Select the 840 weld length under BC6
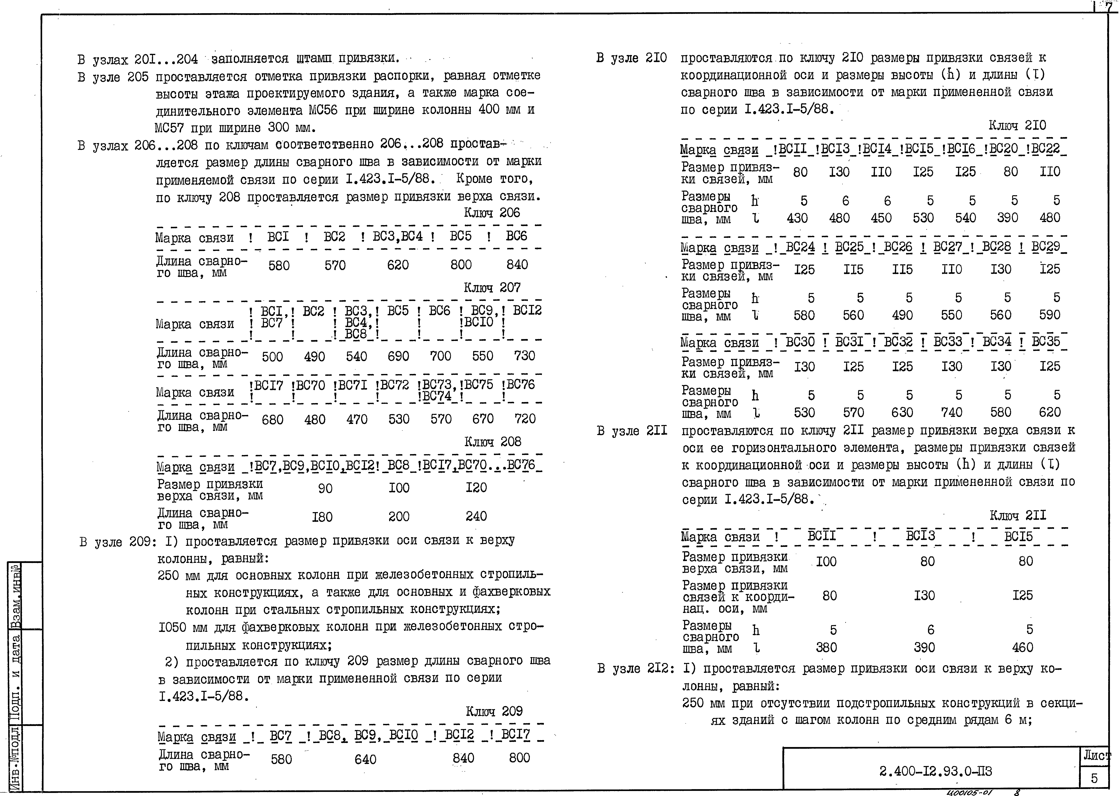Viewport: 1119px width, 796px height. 517,265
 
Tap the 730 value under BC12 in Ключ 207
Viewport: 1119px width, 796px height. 524,356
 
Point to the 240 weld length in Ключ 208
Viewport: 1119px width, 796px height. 476,516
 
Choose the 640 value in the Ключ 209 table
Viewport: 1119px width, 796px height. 365,759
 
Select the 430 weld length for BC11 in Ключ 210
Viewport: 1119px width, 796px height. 797,218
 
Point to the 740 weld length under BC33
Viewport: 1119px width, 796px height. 951,412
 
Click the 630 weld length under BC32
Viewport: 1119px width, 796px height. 902,412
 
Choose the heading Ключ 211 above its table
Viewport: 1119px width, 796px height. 1017,515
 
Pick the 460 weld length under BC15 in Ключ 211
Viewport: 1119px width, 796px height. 1022,648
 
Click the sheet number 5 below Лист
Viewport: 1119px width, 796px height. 1094,778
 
